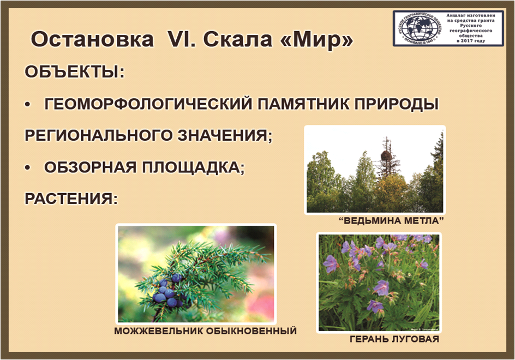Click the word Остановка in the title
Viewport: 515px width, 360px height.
click(92, 39)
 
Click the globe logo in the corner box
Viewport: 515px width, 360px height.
click(418, 28)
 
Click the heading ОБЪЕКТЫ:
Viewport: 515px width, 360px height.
click(75, 71)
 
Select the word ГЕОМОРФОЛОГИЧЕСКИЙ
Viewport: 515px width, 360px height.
click(148, 104)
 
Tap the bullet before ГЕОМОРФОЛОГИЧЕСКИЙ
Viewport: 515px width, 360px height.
click(28, 105)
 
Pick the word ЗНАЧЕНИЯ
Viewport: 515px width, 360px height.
click(225, 135)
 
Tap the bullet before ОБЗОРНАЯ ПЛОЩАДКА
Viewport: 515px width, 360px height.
click(28, 168)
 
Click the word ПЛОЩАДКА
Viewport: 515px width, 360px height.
click(194, 167)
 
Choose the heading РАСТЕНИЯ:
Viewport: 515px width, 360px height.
click(71, 199)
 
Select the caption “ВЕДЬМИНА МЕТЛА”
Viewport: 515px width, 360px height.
click(391, 220)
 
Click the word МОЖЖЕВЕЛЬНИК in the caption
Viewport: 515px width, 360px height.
click(158, 331)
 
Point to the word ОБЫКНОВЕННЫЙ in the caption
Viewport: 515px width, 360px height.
click(251, 331)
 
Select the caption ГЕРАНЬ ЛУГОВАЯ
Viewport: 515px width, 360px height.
click(394, 339)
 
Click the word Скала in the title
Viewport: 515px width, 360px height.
click(237, 40)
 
